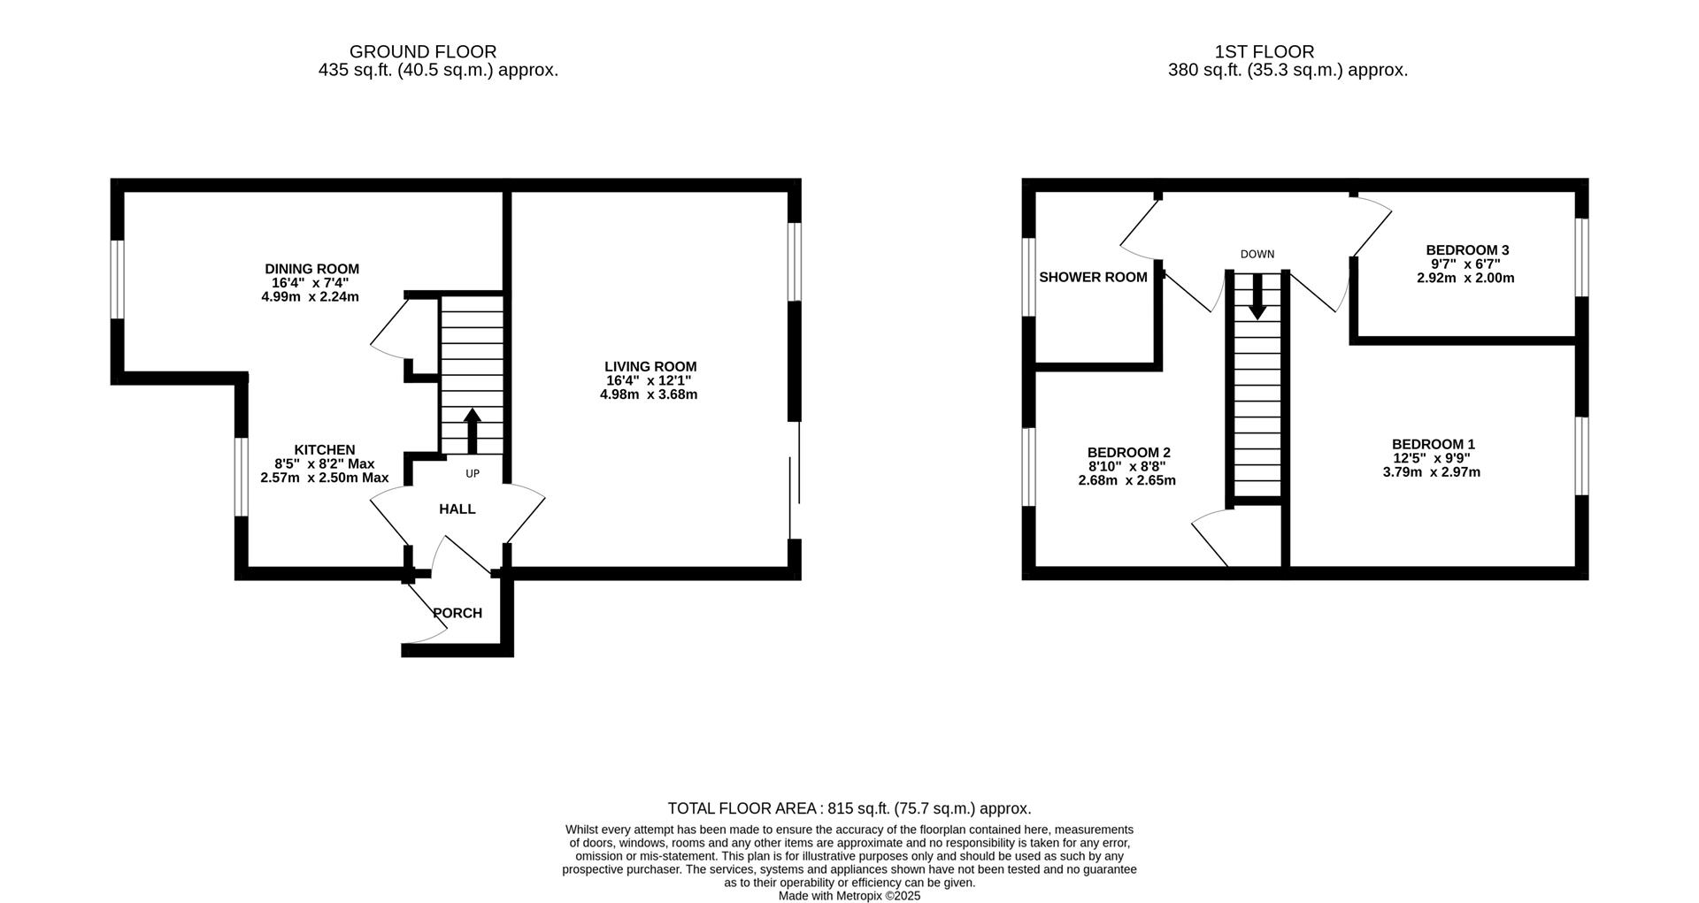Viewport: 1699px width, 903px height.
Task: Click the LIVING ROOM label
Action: pyautogui.click(x=650, y=366)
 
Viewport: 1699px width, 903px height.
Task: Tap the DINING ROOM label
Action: pyautogui.click(x=311, y=269)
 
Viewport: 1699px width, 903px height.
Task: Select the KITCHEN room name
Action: pyautogui.click(x=325, y=450)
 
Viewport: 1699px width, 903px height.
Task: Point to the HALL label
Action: pyautogui.click(x=457, y=509)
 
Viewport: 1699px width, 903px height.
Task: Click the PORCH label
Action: pyautogui.click(x=457, y=613)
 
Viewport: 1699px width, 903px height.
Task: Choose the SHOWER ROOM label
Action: pyautogui.click(x=1093, y=278)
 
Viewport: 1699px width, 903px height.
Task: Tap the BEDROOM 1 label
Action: pyautogui.click(x=1433, y=444)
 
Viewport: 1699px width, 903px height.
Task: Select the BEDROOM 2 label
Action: pyautogui.click(x=1128, y=453)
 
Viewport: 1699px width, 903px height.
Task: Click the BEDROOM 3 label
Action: pyautogui.click(x=1467, y=250)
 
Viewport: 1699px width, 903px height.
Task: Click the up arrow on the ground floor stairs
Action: pyautogui.click(x=472, y=431)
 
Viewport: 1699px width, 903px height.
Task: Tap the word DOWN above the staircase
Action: pyautogui.click(x=1257, y=255)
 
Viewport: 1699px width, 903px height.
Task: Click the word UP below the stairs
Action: pyautogui.click(x=473, y=474)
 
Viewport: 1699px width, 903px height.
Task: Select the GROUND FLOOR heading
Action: pyautogui.click(x=423, y=52)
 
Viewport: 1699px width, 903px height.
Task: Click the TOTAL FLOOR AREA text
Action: pyautogui.click(x=849, y=808)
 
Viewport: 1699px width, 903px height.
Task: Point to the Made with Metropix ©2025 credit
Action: pyautogui.click(x=849, y=896)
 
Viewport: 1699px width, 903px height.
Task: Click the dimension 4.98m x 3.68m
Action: pyautogui.click(x=649, y=394)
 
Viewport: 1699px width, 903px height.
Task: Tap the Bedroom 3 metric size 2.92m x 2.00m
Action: pyautogui.click(x=1465, y=278)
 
